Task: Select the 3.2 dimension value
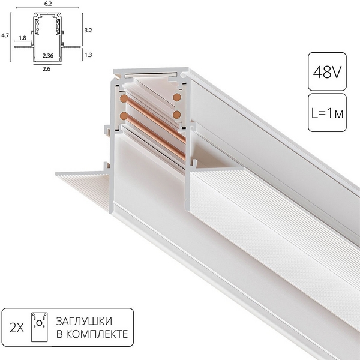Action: (88, 29)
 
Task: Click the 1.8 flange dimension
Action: (22, 38)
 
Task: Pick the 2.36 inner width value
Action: (49, 56)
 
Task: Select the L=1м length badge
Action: (323, 112)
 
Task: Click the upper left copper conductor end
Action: (123, 98)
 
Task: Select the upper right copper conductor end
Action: (178, 97)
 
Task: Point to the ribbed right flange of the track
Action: (252, 198)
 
